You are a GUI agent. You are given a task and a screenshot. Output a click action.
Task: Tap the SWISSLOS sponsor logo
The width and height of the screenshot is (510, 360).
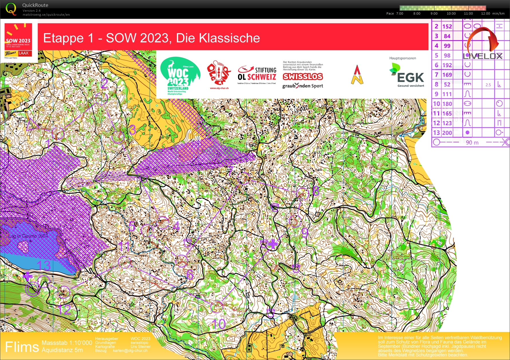[x=303, y=76]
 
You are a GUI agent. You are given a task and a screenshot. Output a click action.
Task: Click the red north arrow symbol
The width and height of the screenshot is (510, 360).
[x=357, y=74]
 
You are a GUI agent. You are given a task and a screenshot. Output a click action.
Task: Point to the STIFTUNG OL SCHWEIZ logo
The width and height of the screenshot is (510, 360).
[x=257, y=74]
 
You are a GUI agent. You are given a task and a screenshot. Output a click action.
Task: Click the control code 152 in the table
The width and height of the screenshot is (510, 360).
[x=447, y=26]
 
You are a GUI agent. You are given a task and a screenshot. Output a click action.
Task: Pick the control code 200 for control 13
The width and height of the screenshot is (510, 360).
[x=447, y=133]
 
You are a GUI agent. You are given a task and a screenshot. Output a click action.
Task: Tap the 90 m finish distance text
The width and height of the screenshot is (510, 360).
[x=472, y=142]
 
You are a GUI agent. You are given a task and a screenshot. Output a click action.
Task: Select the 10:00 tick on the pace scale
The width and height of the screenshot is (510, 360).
[x=451, y=13]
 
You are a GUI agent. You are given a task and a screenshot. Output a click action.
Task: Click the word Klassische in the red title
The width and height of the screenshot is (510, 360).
[x=218, y=38]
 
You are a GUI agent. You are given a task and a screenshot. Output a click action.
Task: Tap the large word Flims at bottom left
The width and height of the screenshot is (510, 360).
[x=22, y=347]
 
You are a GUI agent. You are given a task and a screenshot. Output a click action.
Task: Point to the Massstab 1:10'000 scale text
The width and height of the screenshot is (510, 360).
[x=67, y=343]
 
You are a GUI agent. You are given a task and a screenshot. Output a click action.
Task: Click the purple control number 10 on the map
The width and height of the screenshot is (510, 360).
[x=219, y=324]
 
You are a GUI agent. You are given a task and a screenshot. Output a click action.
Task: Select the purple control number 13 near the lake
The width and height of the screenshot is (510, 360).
[x=44, y=265]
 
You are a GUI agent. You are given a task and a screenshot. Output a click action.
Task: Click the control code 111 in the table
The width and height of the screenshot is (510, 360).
[x=447, y=94]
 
